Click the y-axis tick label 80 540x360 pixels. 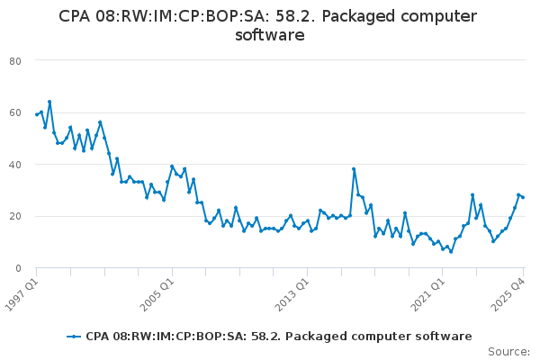pos(15,60)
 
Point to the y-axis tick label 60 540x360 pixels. pos(15,112)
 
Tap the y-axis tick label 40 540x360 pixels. pos(15,165)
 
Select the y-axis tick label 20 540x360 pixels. pos(15,217)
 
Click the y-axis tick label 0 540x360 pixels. pos(18,268)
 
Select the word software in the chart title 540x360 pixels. pos(269,36)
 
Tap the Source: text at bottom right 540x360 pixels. pos(508,352)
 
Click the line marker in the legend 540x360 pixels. pos(74,337)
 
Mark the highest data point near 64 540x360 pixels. pos(49,102)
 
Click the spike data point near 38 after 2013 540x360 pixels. pos(354,169)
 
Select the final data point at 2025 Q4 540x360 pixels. pos(523,197)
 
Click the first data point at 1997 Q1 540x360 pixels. pos(37,114)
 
